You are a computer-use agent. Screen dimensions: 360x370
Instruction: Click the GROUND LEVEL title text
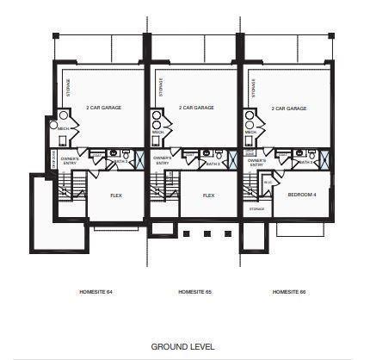pos(182,346)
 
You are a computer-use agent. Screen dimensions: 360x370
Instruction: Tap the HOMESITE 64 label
pos(96,293)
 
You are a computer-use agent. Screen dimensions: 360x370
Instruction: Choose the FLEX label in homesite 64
pos(116,196)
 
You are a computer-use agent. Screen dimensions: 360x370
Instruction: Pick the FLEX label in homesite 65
pos(208,196)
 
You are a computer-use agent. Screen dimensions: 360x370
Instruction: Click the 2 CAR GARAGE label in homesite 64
pos(102,109)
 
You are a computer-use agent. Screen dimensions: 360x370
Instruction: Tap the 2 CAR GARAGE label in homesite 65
pos(196,109)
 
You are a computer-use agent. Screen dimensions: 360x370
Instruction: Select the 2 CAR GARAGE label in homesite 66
pos(289,109)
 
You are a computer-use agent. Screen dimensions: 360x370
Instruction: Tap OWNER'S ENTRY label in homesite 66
pos(256,161)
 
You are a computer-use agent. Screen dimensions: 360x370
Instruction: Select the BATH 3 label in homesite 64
pos(120,162)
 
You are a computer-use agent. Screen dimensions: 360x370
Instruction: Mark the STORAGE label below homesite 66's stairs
pos(256,208)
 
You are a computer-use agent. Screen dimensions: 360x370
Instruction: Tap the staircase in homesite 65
pos(159,186)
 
